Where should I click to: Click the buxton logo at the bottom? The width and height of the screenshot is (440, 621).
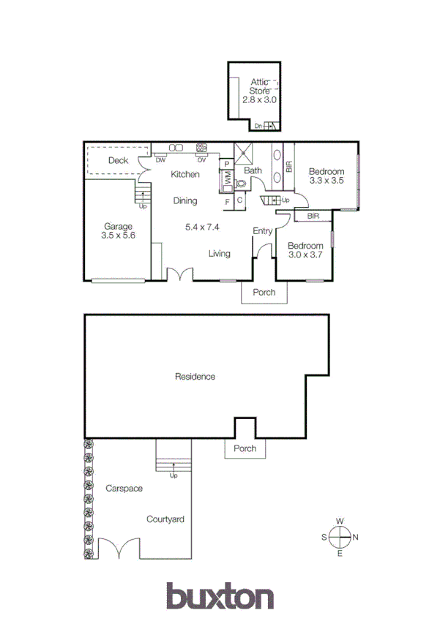(220, 596)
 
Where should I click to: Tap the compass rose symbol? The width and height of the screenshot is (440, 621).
(340, 538)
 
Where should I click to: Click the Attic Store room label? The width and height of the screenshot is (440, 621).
(260, 91)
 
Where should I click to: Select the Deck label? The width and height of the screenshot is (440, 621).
(118, 160)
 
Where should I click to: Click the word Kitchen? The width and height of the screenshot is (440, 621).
(185, 175)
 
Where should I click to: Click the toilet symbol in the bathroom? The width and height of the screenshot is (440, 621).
(240, 185)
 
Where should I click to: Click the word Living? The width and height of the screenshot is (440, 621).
(219, 254)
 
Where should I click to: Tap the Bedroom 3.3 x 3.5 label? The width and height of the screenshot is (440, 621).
(327, 176)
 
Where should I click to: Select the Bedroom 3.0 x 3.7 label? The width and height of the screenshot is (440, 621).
(305, 251)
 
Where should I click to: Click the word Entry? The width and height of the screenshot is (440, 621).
(262, 232)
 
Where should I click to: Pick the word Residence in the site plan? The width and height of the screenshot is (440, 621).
(195, 377)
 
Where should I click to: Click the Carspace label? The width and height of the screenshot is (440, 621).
(123, 488)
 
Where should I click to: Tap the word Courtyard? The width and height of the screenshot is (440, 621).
(165, 520)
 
